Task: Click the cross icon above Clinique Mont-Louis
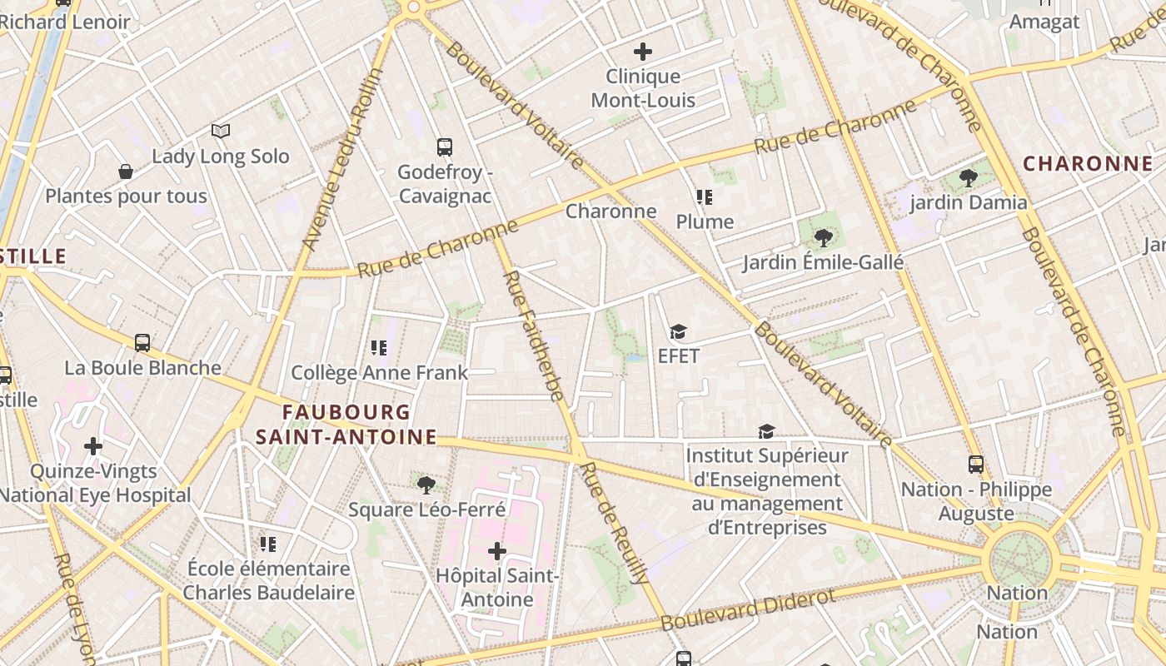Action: (x=642, y=52)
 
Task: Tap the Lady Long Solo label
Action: (x=221, y=157)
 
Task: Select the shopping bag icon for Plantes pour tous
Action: (x=126, y=171)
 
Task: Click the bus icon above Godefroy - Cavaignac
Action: (x=445, y=147)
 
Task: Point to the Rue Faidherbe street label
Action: (x=534, y=335)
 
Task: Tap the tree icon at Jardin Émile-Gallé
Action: (x=823, y=238)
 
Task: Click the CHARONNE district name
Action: (x=1087, y=164)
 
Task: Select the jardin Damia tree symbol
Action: (x=968, y=177)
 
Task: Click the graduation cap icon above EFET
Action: (x=678, y=332)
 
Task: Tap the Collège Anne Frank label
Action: (x=379, y=373)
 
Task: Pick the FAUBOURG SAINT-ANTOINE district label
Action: (x=346, y=425)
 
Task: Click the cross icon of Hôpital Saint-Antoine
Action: (x=497, y=551)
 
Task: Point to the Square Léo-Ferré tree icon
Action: (x=426, y=485)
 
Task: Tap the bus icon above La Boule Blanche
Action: (x=142, y=342)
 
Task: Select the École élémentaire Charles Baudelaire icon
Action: (x=267, y=544)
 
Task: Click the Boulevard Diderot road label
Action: (x=748, y=610)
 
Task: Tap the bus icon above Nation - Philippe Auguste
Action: (x=975, y=465)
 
